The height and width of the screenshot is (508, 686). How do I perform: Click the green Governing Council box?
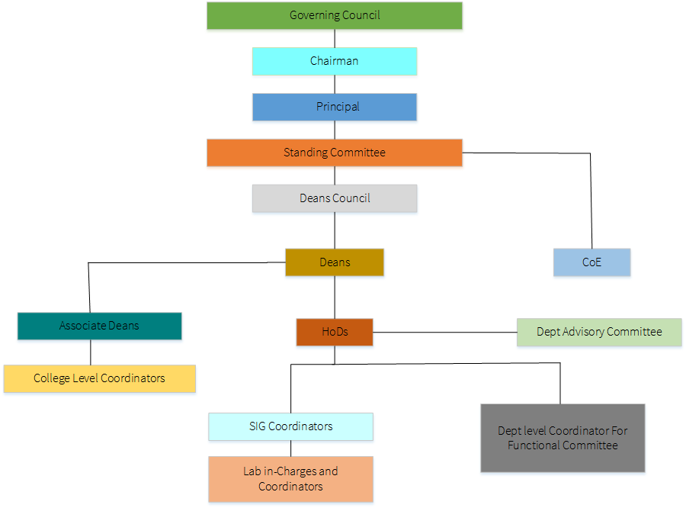[335, 15]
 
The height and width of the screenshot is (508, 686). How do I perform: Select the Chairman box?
[335, 61]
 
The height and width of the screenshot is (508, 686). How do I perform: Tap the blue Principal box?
[335, 107]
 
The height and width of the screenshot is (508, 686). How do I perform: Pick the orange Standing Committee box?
[335, 153]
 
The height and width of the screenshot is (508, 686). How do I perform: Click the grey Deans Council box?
[335, 198]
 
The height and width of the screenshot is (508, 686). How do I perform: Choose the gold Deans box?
[335, 262]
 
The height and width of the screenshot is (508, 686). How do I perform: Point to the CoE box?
[591, 262]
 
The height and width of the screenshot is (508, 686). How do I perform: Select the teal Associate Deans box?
[99, 326]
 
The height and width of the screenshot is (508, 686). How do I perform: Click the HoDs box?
[335, 332]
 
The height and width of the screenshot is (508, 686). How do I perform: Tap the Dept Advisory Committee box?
[599, 332]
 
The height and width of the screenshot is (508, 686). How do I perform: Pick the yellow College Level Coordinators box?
[99, 378]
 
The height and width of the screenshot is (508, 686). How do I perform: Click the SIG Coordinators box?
[290, 426]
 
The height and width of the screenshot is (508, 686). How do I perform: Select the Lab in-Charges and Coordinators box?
[290, 479]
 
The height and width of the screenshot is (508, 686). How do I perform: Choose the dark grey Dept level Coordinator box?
[563, 438]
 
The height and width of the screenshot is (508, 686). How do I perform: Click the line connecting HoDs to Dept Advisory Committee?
[444, 332]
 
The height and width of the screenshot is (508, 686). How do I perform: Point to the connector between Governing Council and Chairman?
[335, 38]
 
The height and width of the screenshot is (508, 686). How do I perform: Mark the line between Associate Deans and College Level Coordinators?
[91, 352]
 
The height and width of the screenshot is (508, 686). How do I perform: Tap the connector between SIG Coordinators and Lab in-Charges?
[290, 449]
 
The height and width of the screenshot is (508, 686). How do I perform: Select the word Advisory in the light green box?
[590, 332]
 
